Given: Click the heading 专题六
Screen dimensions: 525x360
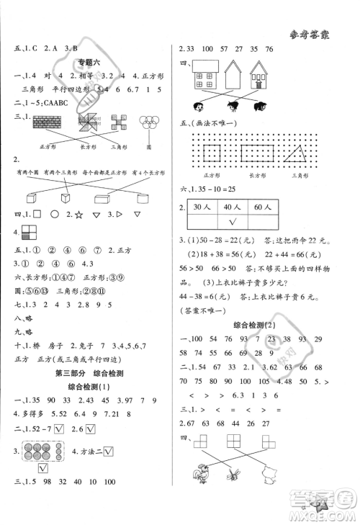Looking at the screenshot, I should point(89,63).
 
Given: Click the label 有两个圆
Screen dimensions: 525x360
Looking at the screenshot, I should point(23,173).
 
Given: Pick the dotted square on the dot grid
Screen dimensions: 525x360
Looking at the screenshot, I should point(213,153).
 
